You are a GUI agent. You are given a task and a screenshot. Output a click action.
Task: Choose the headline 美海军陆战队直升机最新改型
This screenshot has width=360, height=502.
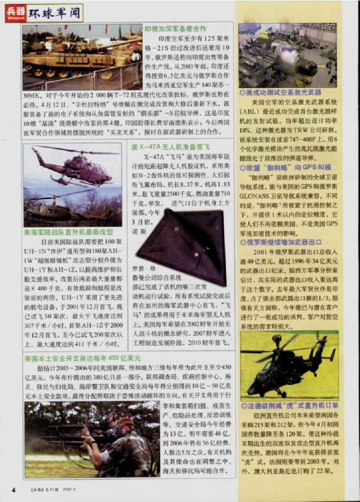coord(68,231)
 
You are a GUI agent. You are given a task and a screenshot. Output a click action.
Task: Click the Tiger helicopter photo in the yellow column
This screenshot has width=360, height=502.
coord(289,365)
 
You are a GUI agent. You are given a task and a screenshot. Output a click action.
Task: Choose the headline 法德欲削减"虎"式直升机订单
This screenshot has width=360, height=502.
coord(289,406)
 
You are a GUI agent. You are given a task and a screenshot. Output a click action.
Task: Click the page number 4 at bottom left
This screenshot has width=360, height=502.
coord(14,489)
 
